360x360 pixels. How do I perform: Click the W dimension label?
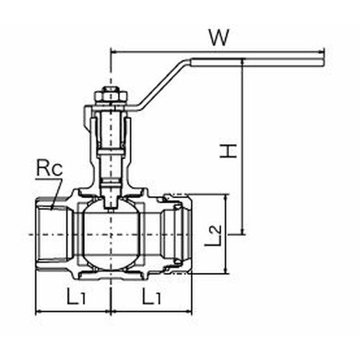tap(219, 38)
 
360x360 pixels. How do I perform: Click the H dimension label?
tap(228, 151)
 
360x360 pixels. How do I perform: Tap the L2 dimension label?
tap(213, 235)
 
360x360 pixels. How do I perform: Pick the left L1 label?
tap(76, 297)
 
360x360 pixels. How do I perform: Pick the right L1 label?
tap(151, 297)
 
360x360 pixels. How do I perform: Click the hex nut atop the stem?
tap(111, 96)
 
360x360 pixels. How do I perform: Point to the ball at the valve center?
tap(111, 234)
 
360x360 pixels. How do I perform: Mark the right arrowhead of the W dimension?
tap(322, 51)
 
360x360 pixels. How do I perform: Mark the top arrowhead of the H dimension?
tap(243, 61)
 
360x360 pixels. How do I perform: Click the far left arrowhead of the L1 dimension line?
tap(39, 312)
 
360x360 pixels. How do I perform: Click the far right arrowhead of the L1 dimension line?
tap(189, 312)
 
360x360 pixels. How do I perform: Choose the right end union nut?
tap(179, 234)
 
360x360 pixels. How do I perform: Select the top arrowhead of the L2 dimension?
tap(226, 198)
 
